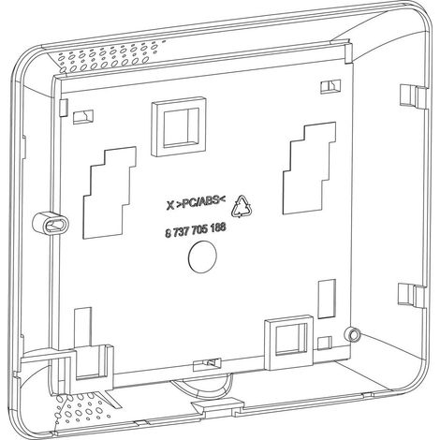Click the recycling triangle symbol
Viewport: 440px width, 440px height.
241,206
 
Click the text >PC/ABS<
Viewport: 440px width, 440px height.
203,202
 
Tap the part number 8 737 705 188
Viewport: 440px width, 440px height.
195,231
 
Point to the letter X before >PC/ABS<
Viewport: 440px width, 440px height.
170,206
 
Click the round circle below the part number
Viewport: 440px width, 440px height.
202,257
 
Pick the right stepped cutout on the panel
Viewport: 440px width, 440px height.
310,168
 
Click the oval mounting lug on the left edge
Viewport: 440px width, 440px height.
51,223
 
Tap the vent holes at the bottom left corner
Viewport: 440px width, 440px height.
81,407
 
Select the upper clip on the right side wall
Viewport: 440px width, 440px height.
413,95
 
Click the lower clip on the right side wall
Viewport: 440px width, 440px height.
411,295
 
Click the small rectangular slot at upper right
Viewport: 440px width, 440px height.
330,86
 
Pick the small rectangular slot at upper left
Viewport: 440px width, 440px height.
83,117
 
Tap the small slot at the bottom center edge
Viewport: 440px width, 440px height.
207,364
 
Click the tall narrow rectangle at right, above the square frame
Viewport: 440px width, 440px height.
327,299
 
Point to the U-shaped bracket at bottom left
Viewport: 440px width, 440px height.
94,362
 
